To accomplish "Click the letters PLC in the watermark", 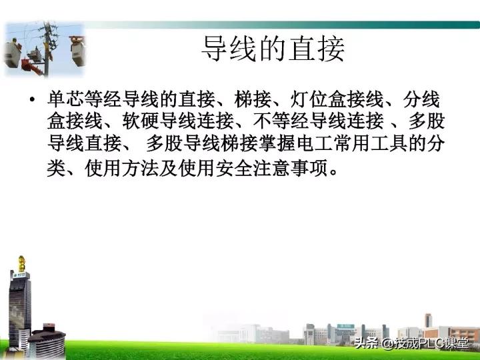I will tap(431, 344).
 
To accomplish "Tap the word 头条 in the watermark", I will tap(367, 344).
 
